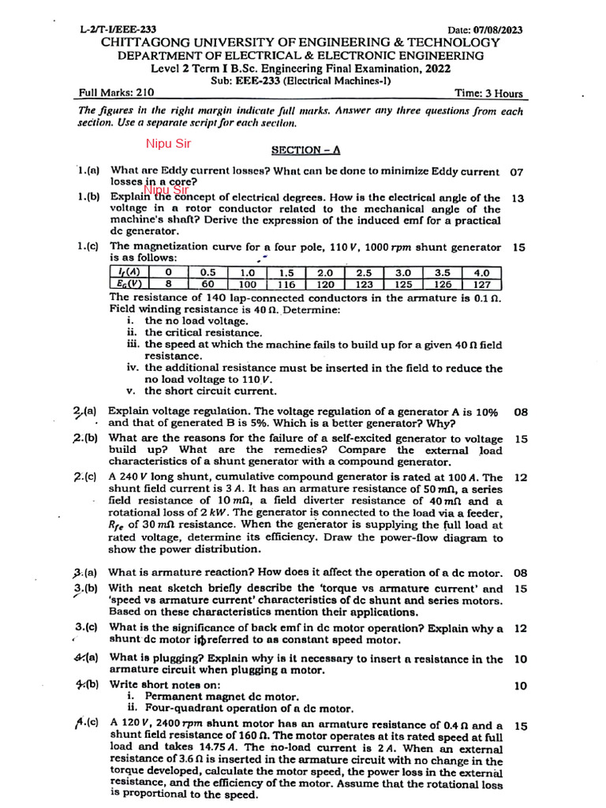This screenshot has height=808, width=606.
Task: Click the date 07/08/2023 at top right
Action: click(494, 30)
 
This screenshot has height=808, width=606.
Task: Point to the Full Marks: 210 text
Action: click(117, 92)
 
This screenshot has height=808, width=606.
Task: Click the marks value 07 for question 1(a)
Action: click(517, 171)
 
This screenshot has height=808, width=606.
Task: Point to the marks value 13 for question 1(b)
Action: click(518, 198)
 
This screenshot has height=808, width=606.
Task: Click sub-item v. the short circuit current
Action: click(201, 391)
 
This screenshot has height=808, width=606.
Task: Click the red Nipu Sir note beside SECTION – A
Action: click(168, 144)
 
